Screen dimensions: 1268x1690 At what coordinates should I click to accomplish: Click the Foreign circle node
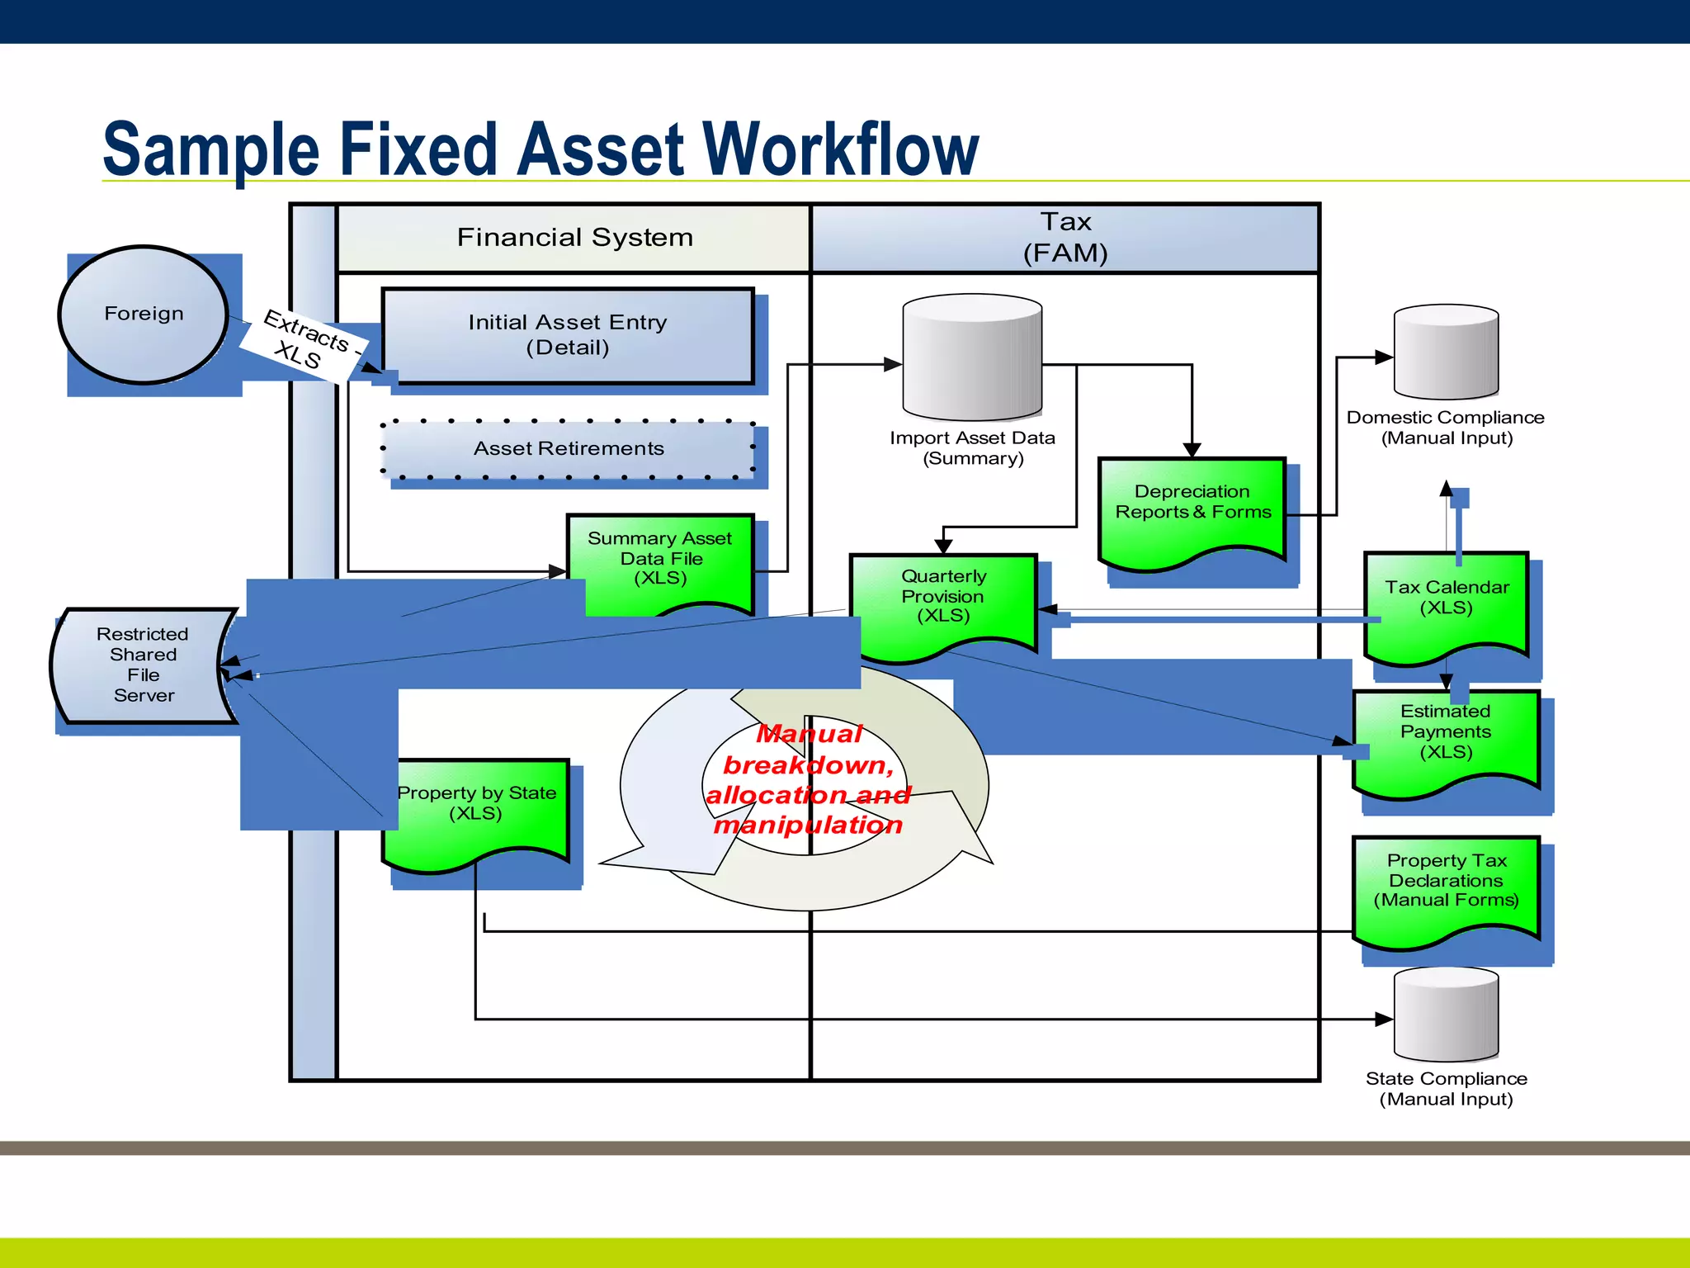click(144, 315)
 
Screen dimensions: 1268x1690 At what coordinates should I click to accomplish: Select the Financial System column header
click(574, 238)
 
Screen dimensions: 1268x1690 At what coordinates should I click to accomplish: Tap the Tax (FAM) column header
click(1065, 238)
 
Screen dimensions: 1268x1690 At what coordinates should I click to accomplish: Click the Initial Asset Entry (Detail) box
click(568, 335)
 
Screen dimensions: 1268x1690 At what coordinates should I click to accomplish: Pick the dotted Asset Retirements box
click(568, 449)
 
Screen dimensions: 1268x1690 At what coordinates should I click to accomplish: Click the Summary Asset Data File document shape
click(660, 558)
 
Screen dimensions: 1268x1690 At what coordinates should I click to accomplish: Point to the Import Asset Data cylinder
click(972, 358)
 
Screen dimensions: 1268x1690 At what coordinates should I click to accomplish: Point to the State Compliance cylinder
click(1446, 1015)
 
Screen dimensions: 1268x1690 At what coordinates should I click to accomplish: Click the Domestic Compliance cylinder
click(1446, 352)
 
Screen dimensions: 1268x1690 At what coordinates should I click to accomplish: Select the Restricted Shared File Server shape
click(142, 665)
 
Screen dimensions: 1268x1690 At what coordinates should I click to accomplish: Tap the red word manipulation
click(808, 825)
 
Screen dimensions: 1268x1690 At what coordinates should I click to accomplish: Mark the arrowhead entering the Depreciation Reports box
click(1192, 450)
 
